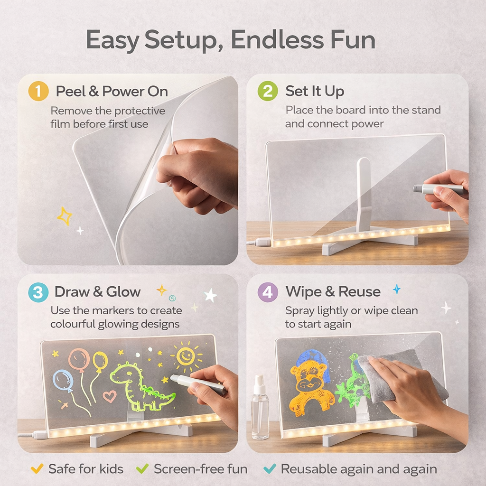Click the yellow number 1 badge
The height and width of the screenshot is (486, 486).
pos(38,91)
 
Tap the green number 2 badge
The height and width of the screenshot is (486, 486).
pos(268,91)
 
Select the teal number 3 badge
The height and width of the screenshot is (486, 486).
pos(38,292)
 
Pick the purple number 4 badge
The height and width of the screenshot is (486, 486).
pos(268,292)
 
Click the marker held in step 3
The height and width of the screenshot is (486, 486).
pos(197,383)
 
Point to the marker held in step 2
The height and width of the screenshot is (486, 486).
pos(438,188)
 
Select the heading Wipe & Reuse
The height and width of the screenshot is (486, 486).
pos(333,291)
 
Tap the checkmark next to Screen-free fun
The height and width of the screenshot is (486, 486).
pos(142,469)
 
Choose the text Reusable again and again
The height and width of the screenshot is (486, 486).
pos(359,469)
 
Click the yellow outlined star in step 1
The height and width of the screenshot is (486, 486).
pos(65,216)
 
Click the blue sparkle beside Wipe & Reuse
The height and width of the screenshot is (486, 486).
pos(396,289)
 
